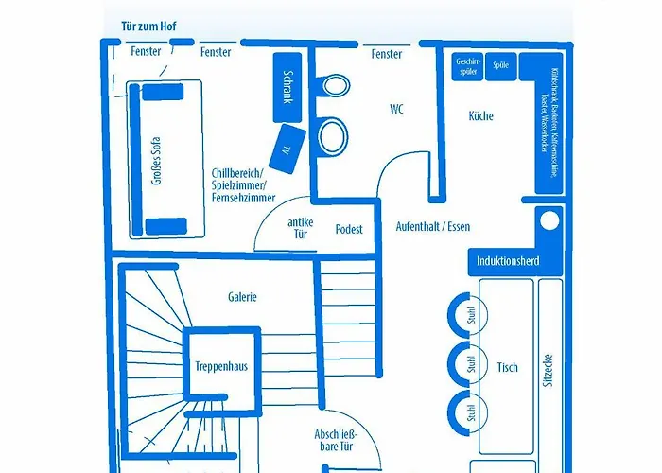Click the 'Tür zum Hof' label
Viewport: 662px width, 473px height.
pos(148,28)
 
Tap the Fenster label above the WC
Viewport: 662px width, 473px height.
pos(387,54)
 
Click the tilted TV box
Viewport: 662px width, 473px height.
pos(287,144)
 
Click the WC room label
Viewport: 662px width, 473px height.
pos(397,109)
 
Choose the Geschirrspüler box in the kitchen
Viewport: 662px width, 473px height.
pos(468,66)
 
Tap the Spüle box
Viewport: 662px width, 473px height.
pos(501,66)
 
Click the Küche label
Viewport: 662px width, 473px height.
pos(481,116)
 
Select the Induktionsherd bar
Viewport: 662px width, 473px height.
pos(509,260)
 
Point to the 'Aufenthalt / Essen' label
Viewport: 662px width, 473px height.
pos(433,227)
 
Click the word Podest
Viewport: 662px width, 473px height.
pos(349,230)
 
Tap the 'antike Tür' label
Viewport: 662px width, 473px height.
pos(301,227)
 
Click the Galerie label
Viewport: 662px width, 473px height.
pos(242,296)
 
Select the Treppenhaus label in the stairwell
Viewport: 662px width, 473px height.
pos(221,366)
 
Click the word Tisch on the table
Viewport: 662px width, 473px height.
pos(507,367)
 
